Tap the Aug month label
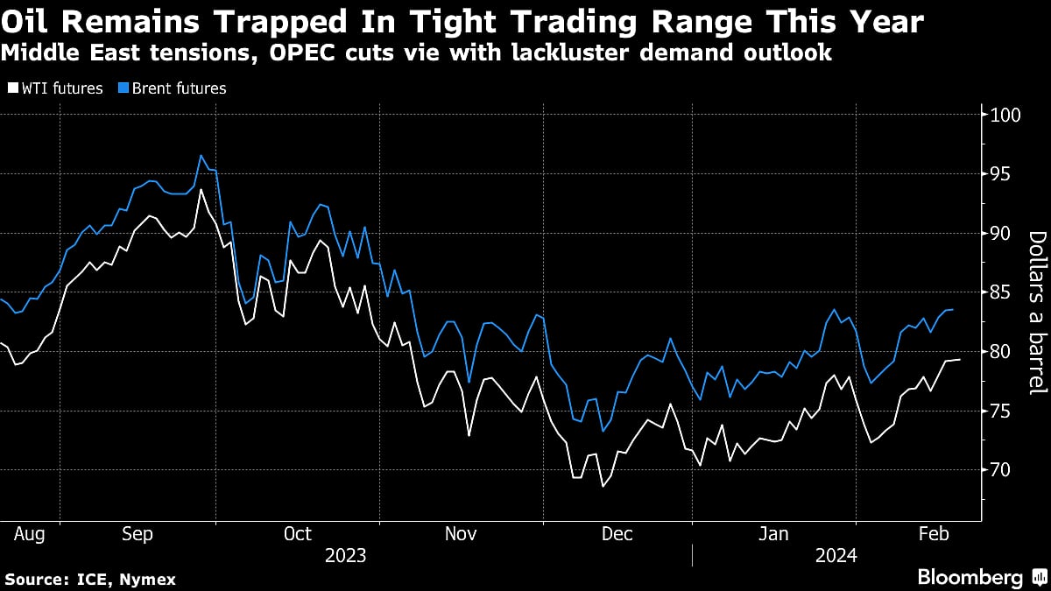point(31,533)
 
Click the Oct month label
point(299,533)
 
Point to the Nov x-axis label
point(462,533)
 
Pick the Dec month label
point(617,533)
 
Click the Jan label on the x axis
point(774,533)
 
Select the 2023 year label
point(345,555)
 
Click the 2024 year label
point(836,555)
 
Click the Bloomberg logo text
point(970,577)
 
